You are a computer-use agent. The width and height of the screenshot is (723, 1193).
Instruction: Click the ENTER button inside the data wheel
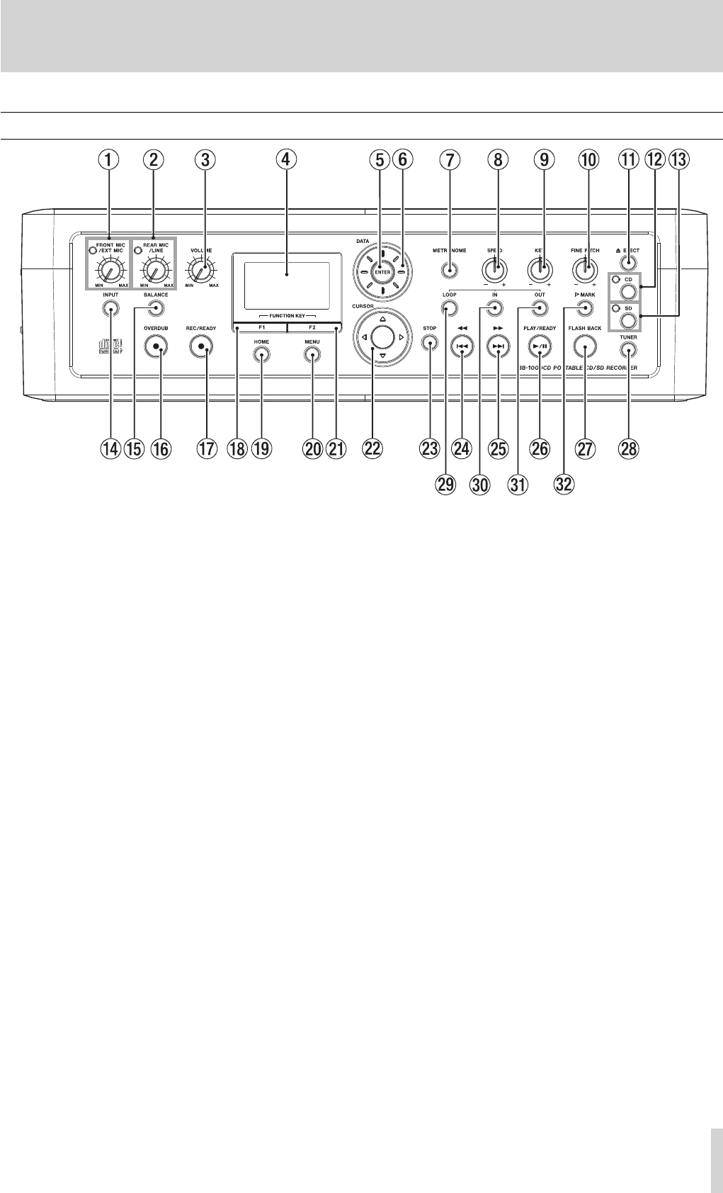tap(382, 271)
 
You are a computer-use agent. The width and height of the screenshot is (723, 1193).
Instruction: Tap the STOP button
tap(429, 344)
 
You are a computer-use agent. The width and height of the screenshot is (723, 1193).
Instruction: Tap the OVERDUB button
tap(156, 346)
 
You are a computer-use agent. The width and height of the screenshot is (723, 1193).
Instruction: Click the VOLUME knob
tap(203, 270)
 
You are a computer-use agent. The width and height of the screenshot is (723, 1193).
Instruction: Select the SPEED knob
tap(495, 270)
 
